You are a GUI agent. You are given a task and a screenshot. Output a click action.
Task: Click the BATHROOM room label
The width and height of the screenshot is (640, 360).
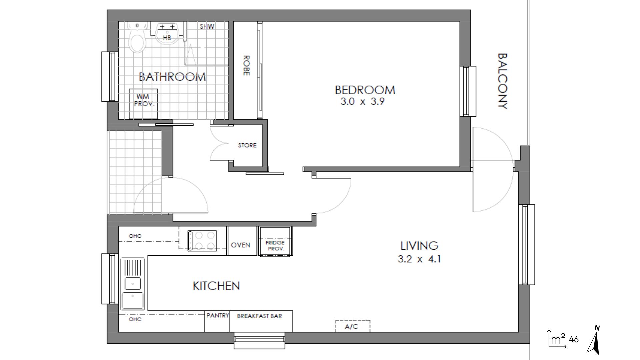pyautogui.click(x=172, y=77)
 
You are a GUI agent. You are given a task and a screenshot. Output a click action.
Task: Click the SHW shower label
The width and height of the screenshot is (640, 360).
pyautogui.click(x=207, y=26)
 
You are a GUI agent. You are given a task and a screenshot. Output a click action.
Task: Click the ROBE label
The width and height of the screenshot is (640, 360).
pyautogui.click(x=246, y=66)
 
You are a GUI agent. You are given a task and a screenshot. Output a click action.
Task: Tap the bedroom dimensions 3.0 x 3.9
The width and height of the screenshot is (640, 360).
pyautogui.click(x=362, y=101)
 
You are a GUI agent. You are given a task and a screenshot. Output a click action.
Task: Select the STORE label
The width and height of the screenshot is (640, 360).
pyautogui.click(x=247, y=145)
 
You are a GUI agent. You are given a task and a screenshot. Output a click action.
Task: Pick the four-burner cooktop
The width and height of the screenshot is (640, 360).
pyautogui.click(x=202, y=241)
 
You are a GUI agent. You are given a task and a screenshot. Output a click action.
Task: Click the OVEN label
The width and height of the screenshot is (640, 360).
pyautogui.click(x=240, y=245)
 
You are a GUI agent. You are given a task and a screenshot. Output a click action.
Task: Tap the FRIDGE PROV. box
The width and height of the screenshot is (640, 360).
pyautogui.click(x=275, y=241)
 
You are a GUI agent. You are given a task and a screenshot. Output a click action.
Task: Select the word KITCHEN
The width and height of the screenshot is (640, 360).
pyautogui.click(x=216, y=286)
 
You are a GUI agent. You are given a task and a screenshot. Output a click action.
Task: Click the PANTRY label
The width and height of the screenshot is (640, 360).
pyautogui.click(x=217, y=315)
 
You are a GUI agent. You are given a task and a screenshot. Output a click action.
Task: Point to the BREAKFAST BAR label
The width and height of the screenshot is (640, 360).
pyautogui.click(x=259, y=316)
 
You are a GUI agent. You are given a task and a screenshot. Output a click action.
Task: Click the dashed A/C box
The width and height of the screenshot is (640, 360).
pyautogui.click(x=353, y=326)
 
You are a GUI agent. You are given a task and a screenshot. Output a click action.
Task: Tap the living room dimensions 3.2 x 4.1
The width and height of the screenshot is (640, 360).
pyautogui.click(x=419, y=259)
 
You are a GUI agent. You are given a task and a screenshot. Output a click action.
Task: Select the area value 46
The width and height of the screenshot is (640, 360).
pyautogui.click(x=574, y=340)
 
